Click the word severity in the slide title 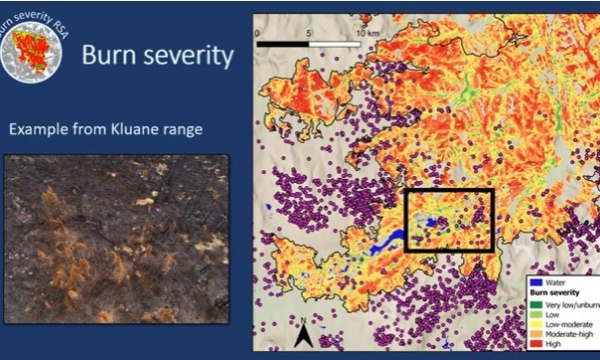click(185, 56)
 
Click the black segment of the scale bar click(284, 45)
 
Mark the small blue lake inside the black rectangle click(432, 224)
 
